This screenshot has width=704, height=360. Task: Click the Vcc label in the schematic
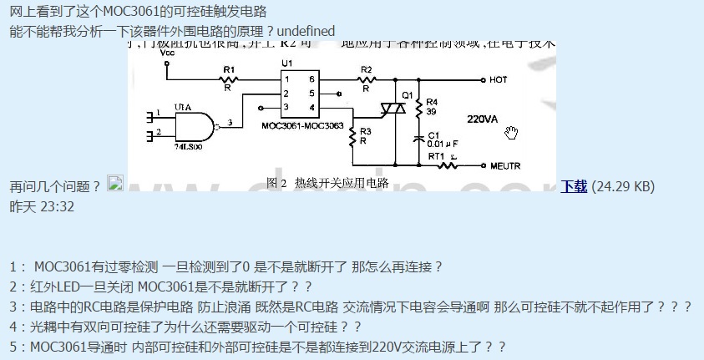(x=166, y=52)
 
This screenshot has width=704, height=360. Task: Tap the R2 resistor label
(x=365, y=68)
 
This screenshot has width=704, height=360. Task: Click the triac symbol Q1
(x=393, y=107)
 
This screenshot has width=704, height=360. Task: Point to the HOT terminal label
(x=499, y=80)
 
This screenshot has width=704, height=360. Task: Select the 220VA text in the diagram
(x=482, y=119)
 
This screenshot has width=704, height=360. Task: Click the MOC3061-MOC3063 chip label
(x=302, y=124)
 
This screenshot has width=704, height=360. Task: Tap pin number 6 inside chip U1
(x=311, y=79)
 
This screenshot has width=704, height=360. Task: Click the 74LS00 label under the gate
(x=187, y=145)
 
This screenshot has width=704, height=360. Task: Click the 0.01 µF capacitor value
(x=444, y=144)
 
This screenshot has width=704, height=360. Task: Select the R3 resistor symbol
(x=352, y=136)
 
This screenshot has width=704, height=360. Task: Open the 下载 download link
(x=574, y=186)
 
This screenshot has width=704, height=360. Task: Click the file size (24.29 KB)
(x=623, y=186)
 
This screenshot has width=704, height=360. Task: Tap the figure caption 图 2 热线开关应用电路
(x=327, y=182)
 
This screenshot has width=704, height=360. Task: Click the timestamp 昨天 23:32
(x=42, y=206)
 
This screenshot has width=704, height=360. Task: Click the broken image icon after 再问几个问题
(x=115, y=184)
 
